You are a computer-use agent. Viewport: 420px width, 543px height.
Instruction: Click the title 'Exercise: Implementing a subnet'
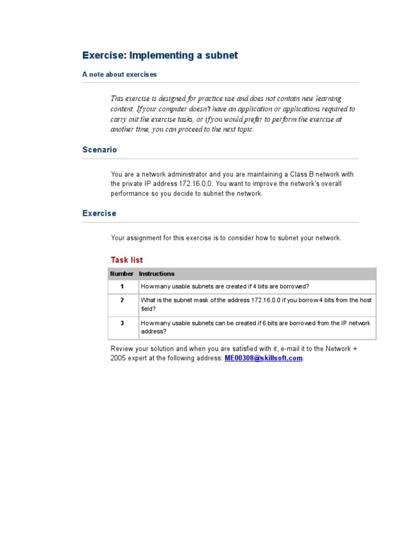[160, 56]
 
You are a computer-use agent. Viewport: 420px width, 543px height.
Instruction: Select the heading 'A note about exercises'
[119, 74]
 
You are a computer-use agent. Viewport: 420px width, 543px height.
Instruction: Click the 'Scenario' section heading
[100, 150]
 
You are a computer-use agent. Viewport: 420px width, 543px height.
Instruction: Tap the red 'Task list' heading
[127, 260]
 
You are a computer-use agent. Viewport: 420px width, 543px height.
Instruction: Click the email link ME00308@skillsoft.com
[264, 358]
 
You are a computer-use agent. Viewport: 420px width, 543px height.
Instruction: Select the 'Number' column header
[121, 274]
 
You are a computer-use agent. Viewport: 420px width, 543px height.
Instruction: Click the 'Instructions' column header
[157, 274]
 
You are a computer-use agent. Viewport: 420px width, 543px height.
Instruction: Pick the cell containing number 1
[122, 287]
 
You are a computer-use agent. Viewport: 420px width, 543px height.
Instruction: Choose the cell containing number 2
[122, 300]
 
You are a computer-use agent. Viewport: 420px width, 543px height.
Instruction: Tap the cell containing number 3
[122, 323]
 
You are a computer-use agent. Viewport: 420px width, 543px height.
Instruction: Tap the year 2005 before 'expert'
[119, 358]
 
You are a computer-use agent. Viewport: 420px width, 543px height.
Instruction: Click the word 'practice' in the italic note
[220, 99]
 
